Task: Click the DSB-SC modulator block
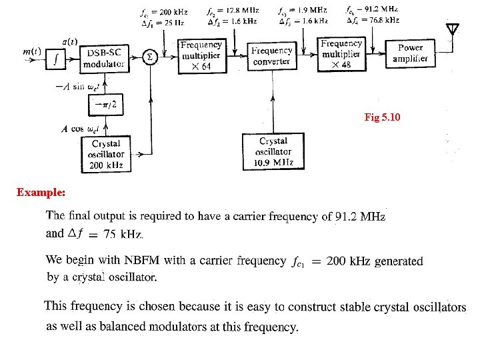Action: point(104,57)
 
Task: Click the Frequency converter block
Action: point(272,56)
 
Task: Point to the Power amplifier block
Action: point(410,53)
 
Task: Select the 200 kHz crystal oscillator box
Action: point(107,155)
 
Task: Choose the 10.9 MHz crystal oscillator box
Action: point(273,151)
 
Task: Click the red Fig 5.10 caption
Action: point(383,117)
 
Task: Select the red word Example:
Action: point(41,192)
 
